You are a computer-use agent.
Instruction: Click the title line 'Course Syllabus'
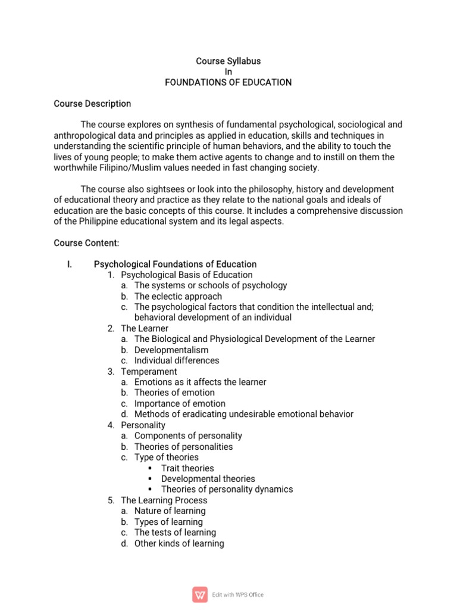coord(228,61)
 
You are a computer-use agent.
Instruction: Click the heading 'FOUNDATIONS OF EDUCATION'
coord(228,82)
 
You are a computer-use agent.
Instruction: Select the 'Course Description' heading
coord(92,104)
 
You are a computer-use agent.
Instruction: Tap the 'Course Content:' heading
coord(86,242)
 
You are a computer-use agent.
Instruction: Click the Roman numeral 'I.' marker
coord(70,264)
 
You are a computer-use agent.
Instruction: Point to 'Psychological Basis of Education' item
coord(187,275)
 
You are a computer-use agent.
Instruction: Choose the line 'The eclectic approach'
coord(178,296)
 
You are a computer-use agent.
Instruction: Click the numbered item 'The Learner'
coord(145,328)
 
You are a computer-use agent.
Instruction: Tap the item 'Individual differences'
coord(177,360)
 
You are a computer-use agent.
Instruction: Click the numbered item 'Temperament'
coord(149,371)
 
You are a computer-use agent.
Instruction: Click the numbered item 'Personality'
coord(143,425)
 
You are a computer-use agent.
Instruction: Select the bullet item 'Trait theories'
coord(187,468)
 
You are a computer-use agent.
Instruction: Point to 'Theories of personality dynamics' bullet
coord(227,490)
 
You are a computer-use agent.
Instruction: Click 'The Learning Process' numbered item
coord(164,500)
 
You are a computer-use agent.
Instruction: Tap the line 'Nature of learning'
coord(170,511)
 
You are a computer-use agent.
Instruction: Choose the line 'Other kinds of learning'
coord(179,543)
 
